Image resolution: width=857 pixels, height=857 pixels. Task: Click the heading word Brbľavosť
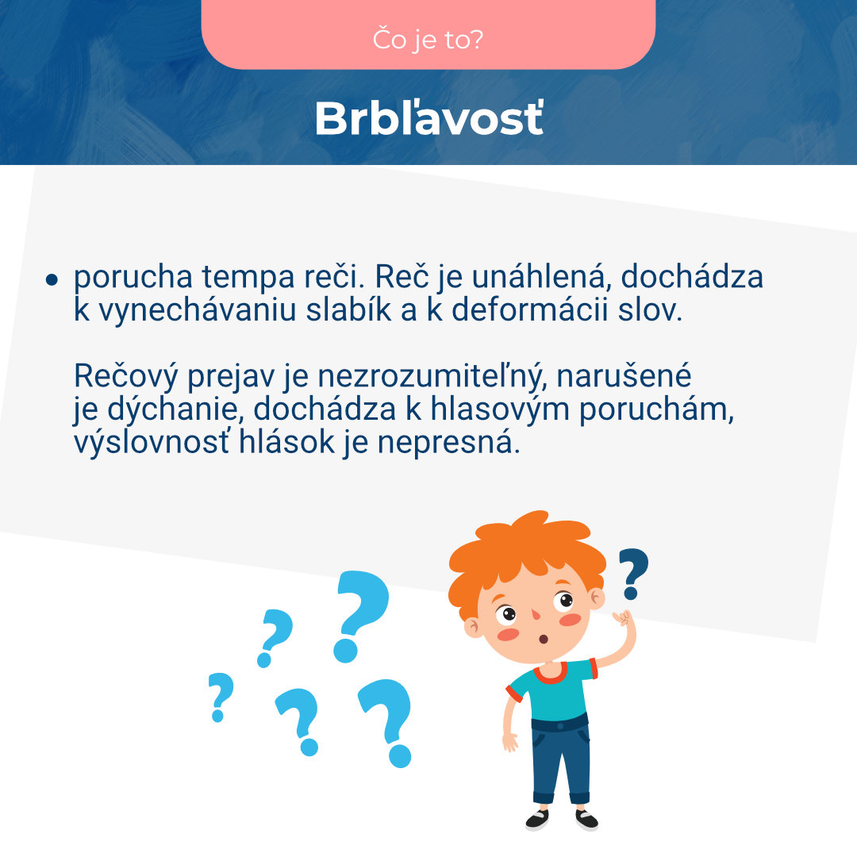coord(428,119)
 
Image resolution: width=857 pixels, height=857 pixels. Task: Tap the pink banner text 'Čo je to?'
coord(428,39)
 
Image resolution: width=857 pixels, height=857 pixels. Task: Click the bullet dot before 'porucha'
coord(52,279)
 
